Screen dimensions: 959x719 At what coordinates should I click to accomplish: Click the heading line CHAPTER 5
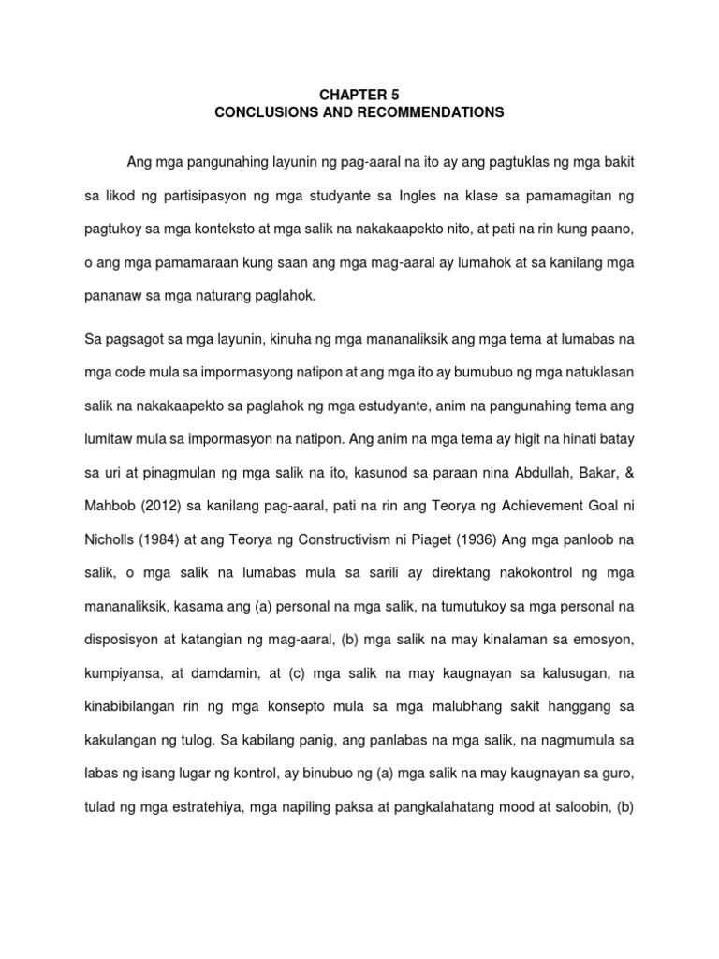coord(359,95)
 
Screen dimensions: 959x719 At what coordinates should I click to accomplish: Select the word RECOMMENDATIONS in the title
coord(425,112)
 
